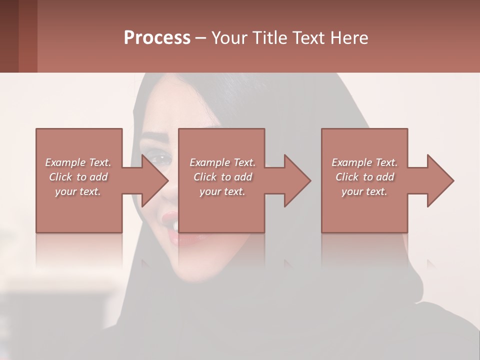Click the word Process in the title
157,38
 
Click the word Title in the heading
270,38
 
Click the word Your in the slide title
229,38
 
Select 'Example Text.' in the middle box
222,162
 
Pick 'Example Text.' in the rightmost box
364,162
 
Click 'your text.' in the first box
78,191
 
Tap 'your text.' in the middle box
222,191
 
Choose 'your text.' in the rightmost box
364,191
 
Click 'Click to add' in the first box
78,177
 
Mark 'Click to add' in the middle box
222,177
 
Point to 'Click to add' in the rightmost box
364,177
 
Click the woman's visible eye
161,159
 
